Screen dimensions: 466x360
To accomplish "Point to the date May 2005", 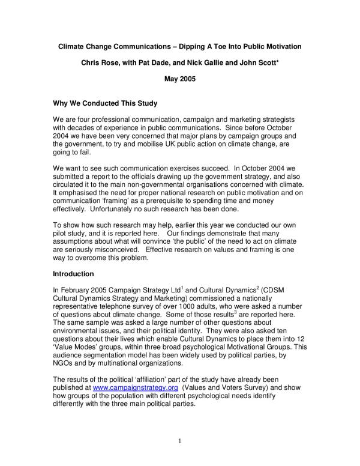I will (180, 78).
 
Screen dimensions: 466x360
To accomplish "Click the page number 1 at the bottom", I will (180, 441).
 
